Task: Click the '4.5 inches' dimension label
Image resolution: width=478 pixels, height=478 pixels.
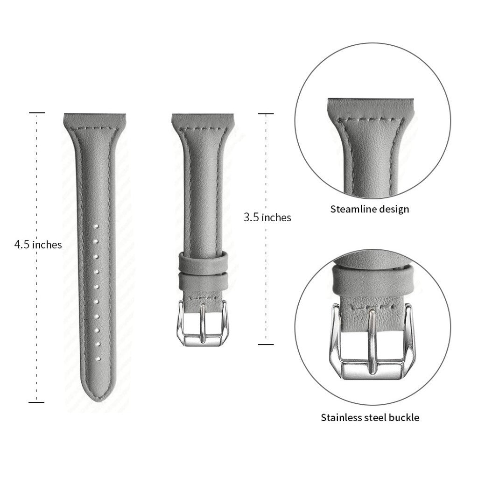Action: [38, 245]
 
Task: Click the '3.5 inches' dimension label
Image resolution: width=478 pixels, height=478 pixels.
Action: [267, 218]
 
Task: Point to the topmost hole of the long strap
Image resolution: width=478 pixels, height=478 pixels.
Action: [96, 226]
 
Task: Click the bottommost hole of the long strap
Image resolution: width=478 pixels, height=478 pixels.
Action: [98, 359]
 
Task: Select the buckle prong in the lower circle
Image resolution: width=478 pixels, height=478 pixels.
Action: [372, 341]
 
